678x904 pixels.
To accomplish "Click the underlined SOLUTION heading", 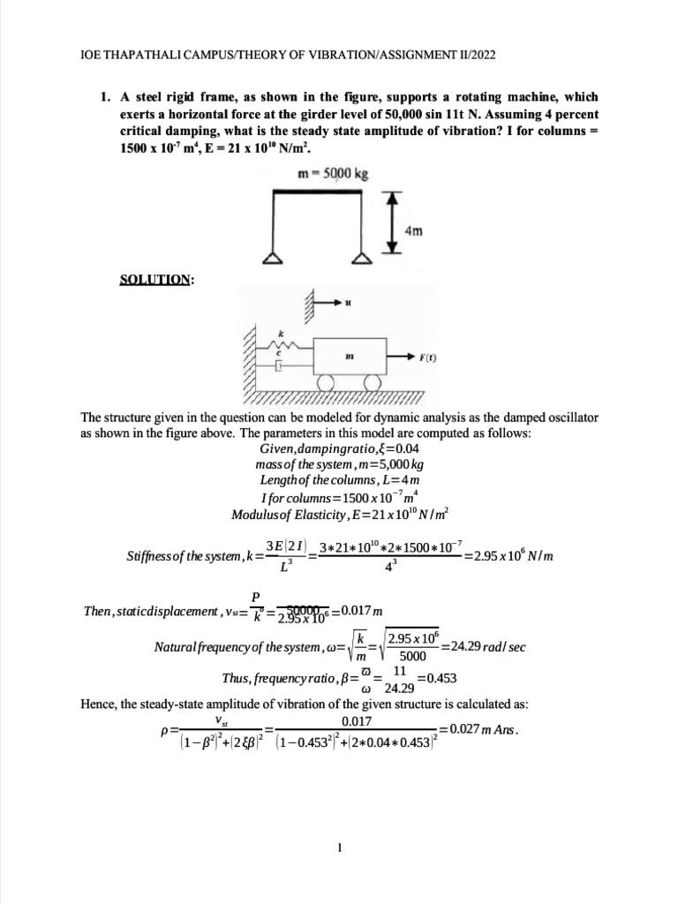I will pyautogui.click(x=156, y=280).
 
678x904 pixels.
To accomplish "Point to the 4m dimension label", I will pyautogui.click(x=414, y=230).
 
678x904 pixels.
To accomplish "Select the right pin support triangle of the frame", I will pyautogui.click(x=360, y=260).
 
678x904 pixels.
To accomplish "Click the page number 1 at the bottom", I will pyautogui.click(x=339, y=849).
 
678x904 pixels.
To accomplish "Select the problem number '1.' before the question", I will pyautogui.click(x=106, y=97).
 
